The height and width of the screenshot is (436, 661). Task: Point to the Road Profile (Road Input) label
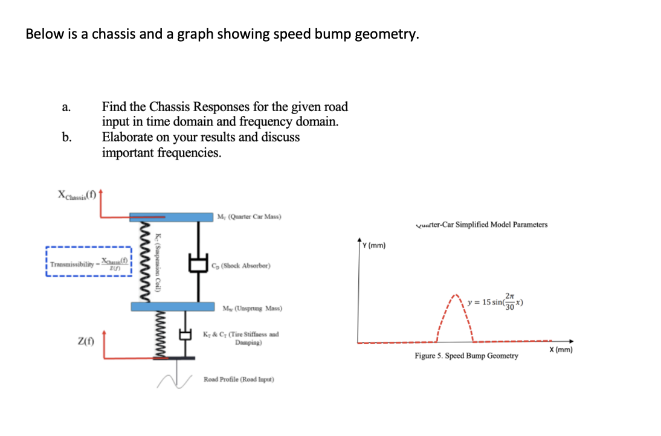[239, 379]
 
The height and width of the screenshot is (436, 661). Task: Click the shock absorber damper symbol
[197, 263]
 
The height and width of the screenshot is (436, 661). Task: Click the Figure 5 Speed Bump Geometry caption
[466, 356]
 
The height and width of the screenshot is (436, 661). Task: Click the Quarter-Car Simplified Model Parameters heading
[482, 225]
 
